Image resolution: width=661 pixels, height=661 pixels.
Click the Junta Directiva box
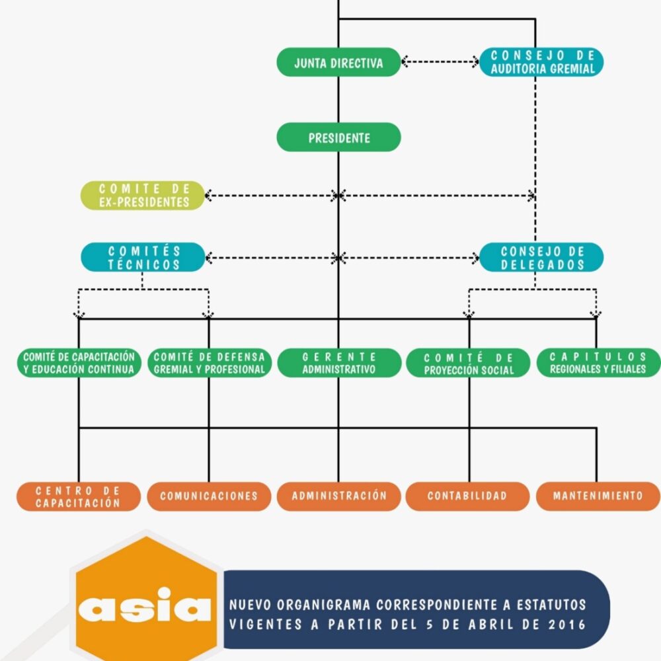coord(338,62)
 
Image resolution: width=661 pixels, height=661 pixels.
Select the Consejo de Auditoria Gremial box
coord(541,61)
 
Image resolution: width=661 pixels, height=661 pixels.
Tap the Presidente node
coord(338,137)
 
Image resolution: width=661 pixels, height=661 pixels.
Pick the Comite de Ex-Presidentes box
coord(143,196)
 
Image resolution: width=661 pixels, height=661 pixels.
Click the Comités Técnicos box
coord(143,257)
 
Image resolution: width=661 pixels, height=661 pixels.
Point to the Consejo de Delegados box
coord(541,257)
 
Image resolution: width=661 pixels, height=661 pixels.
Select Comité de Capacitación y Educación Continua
coord(79,363)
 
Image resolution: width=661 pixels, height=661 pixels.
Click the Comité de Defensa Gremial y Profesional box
coord(209,363)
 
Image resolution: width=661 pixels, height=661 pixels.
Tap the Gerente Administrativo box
coord(338,363)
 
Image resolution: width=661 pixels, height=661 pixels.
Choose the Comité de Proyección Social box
coord(468,363)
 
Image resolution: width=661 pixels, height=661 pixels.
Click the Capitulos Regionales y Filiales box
coord(598,363)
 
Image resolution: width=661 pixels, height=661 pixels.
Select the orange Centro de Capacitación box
coord(79,496)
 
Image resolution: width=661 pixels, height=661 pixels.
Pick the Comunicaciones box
coord(209,496)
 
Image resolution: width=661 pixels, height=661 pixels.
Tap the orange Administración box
coord(338,496)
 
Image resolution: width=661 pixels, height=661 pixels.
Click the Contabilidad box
coord(468,496)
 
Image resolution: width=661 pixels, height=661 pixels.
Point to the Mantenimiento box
coord(598,496)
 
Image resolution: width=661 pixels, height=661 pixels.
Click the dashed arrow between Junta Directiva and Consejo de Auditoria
coord(440,62)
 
